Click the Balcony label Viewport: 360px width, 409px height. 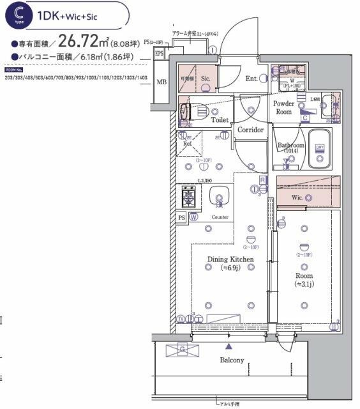pos(232,360)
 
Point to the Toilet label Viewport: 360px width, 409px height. pos(220,120)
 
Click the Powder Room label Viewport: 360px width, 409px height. pos(283,107)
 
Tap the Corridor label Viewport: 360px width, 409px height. pos(250,130)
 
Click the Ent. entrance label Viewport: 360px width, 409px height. pos(251,79)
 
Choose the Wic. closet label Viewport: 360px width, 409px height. pos(297,198)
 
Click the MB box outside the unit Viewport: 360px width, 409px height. pos(161,82)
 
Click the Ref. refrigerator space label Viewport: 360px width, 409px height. pos(188,144)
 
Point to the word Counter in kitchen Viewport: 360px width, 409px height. pos(220,217)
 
